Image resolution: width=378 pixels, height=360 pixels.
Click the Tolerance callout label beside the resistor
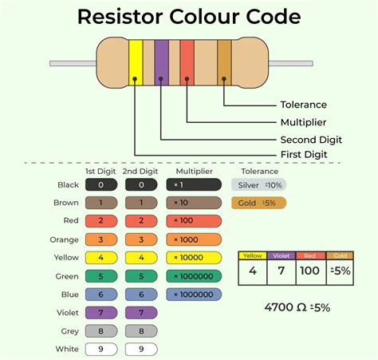(x=303, y=105)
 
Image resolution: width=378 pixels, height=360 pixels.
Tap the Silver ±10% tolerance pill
(x=258, y=185)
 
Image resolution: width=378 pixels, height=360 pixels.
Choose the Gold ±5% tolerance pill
(x=258, y=203)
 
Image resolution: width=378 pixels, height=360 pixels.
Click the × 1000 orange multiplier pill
(x=194, y=239)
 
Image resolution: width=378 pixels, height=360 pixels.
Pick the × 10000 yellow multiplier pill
(x=194, y=258)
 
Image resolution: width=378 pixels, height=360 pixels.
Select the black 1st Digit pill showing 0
(x=101, y=184)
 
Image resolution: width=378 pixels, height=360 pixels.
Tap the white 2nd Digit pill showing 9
(x=140, y=349)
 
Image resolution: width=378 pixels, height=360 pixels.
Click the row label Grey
(x=68, y=331)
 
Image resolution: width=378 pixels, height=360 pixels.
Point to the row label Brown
(x=65, y=203)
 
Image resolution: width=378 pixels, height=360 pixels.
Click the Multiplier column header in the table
(x=194, y=172)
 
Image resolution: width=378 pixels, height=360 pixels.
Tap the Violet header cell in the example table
(x=281, y=256)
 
